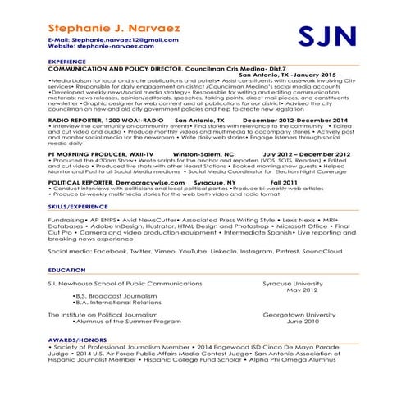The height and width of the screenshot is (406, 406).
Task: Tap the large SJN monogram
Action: coord(326,36)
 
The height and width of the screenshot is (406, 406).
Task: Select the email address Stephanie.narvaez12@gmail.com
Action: coord(120,39)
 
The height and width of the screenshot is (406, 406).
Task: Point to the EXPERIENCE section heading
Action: coord(67,62)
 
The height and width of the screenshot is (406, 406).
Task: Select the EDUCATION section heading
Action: coord(66,270)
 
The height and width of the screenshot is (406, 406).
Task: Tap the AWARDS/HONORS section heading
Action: coord(77,339)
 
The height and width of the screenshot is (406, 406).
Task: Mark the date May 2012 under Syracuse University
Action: coord(302,290)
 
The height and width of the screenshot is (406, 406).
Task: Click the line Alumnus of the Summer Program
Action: coord(126,322)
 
